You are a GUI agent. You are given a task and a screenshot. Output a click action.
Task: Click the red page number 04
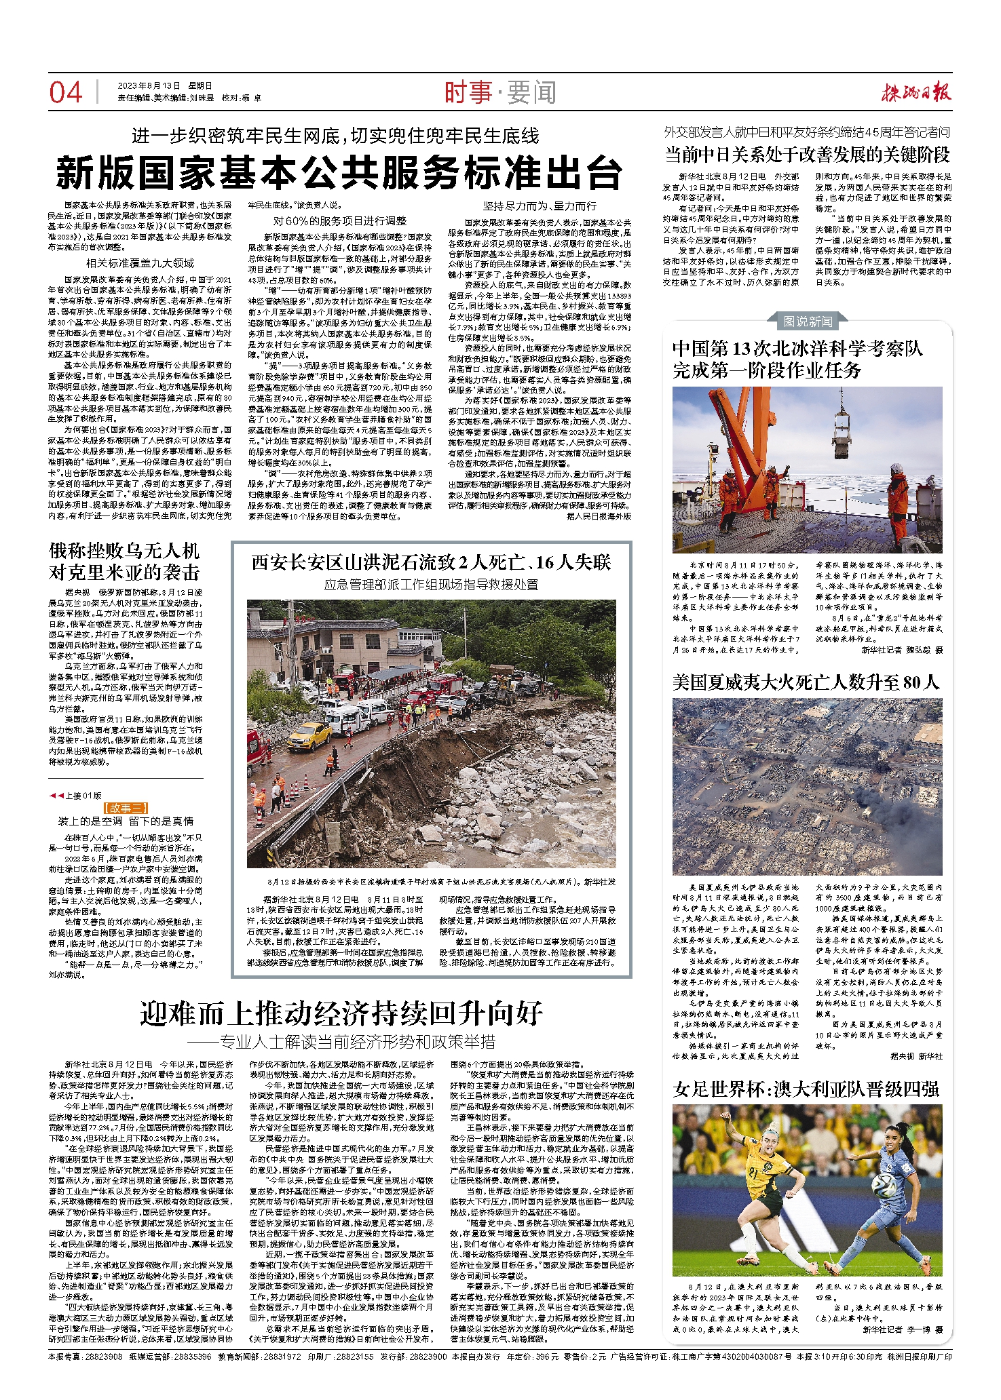point(65,92)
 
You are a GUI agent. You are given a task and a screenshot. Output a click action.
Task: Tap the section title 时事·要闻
point(500,92)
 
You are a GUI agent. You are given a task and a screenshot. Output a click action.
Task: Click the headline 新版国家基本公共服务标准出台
point(339,173)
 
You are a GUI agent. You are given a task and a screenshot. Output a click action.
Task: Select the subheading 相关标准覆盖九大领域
point(140,263)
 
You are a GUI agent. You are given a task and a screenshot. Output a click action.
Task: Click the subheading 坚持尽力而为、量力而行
point(540,206)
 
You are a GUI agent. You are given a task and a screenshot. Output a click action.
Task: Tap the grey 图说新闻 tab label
point(808,321)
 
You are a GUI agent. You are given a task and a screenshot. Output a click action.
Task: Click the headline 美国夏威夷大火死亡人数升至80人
point(806,682)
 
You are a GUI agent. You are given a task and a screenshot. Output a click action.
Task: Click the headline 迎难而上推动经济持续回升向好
point(341,1013)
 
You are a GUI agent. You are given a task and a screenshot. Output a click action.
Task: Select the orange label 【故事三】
point(126,808)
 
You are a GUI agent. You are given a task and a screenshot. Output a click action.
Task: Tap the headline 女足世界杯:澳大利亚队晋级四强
point(806,1089)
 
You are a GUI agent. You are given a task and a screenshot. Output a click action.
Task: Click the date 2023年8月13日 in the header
point(149,86)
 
